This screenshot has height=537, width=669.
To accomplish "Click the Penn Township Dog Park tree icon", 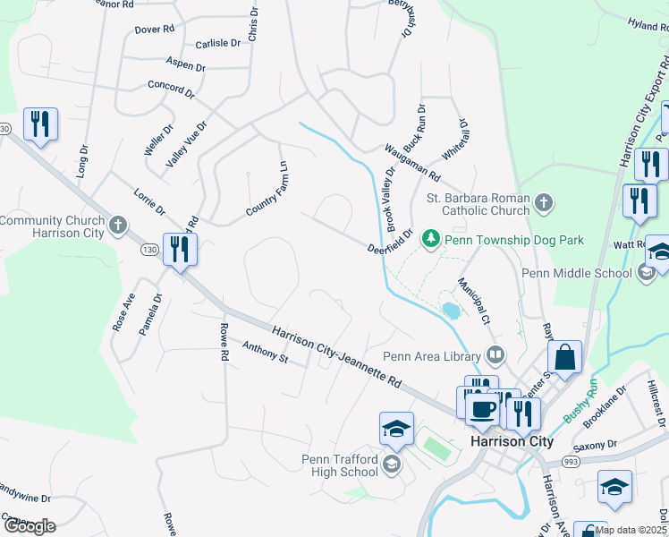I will [x=431, y=240].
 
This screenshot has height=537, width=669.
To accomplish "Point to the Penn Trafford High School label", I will [x=339, y=465].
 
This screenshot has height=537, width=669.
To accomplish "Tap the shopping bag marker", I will [x=564, y=359].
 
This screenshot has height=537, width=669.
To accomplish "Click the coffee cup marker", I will [x=483, y=410].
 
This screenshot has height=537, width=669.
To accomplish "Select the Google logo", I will [x=29, y=526].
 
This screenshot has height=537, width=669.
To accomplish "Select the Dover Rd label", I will [x=154, y=30].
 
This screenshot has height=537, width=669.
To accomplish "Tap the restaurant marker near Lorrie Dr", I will [x=180, y=250].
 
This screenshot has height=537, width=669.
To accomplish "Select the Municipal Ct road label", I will [x=474, y=300].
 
